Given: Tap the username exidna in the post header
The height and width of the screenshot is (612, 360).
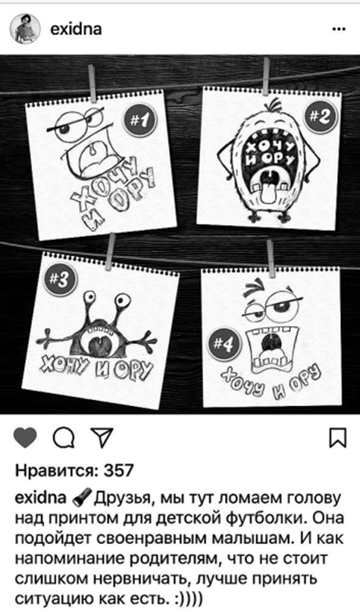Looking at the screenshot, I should pyautogui.click(x=76, y=29).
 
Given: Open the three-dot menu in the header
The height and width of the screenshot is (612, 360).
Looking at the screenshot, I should pyautogui.click(x=338, y=29).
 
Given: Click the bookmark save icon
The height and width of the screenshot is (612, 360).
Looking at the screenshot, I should pyautogui.click(x=337, y=439).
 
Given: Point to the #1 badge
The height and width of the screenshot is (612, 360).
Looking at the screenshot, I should pyautogui.click(x=139, y=121).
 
